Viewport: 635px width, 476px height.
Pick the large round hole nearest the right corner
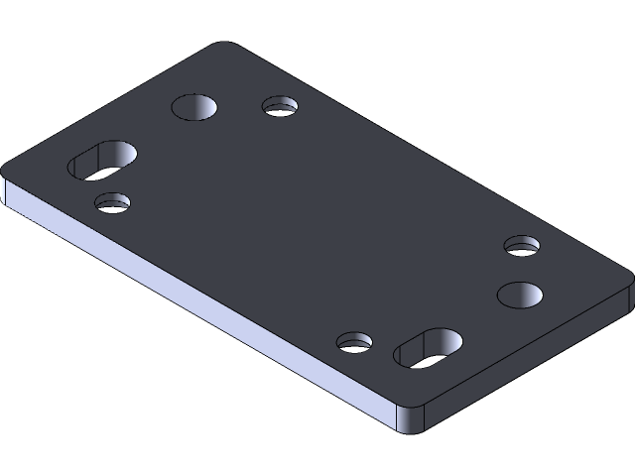(x=520, y=294)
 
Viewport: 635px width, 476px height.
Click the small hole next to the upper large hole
(x=281, y=105)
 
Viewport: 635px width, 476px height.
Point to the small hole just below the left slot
(x=112, y=202)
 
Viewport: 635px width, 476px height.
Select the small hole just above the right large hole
(x=522, y=245)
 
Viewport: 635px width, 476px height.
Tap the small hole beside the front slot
(x=354, y=343)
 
